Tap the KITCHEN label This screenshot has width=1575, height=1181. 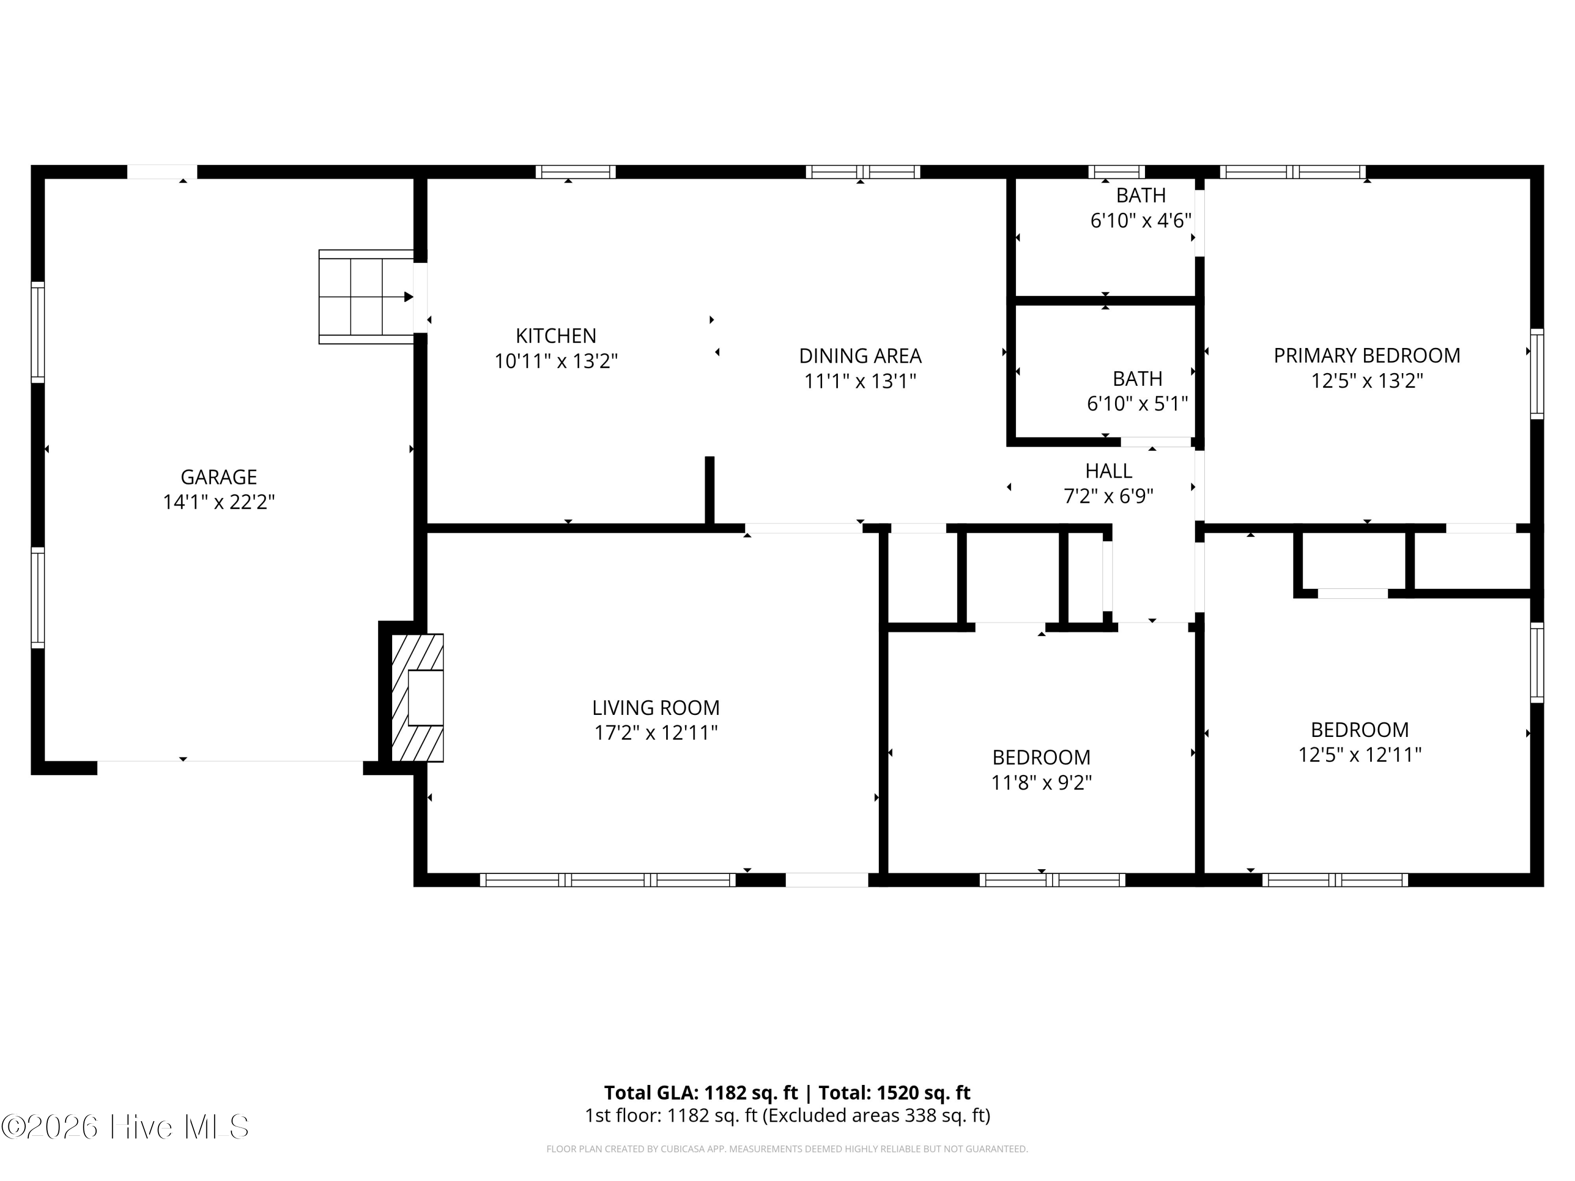pyautogui.click(x=556, y=335)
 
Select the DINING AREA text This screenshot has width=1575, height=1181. pyautogui.click(x=860, y=355)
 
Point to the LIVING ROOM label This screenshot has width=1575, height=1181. pyautogui.click(x=656, y=708)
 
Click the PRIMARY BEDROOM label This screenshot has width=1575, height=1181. pyautogui.click(x=1367, y=355)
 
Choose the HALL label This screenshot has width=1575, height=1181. pyautogui.click(x=1109, y=470)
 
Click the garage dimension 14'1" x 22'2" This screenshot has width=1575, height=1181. pyautogui.click(x=218, y=502)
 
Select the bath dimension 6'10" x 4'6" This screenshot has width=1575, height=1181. pyautogui.click(x=1141, y=220)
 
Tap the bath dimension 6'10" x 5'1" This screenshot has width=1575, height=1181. pyautogui.click(x=1137, y=404)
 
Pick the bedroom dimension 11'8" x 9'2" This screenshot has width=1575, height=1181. pyautogui.click(x=1042, y=783)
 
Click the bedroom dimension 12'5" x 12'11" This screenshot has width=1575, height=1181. pyautogui.click(x=1360, y=755)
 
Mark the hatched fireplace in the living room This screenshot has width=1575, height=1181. pyautogui.click(x=417, y=698)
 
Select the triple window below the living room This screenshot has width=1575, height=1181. pyautogui.click(x=607, y=880)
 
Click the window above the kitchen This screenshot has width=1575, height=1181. pyautogui.click(x=575, y=172)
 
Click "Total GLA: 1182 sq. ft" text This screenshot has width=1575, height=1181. pyautogui.click(x=701, y=1093)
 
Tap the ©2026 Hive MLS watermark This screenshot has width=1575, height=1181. pyautogui.click(x=125, y=1126)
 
